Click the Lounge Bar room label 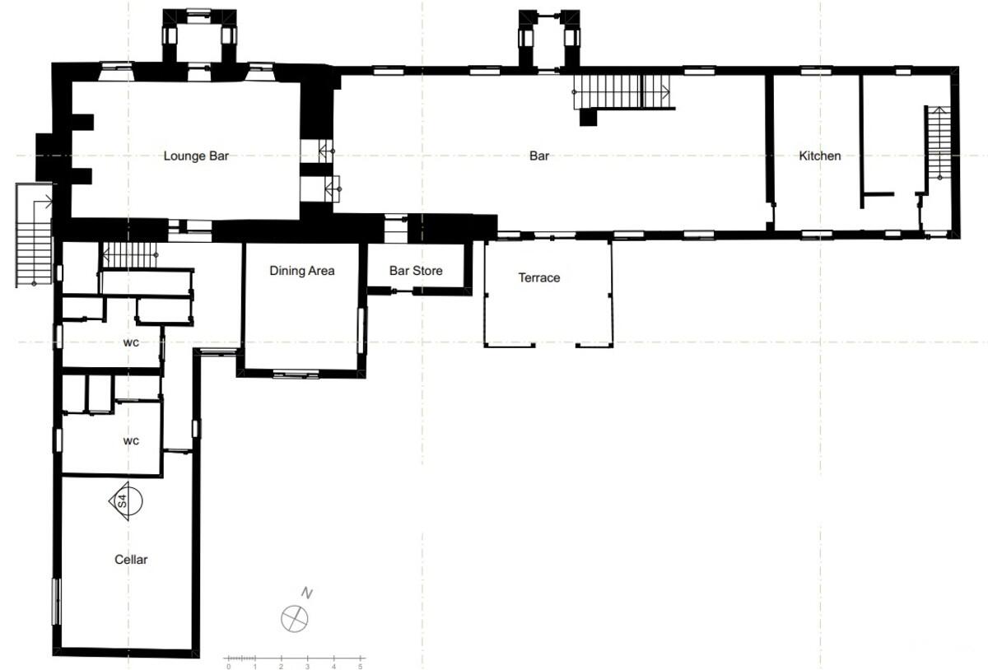196,156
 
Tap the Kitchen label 819,156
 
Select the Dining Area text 301,270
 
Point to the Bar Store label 416,270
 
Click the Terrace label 539,277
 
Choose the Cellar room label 131,559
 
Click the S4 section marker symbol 126,501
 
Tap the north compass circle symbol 294,618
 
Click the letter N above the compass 307,593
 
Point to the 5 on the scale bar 361,667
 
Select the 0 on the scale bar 229,667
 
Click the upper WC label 131,342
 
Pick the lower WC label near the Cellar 131,441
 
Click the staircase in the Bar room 622,91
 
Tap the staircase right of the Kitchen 938,143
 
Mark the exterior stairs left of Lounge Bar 34,235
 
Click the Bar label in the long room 539,156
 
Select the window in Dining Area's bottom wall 296,375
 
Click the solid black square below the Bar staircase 588,118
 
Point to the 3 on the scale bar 307,667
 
